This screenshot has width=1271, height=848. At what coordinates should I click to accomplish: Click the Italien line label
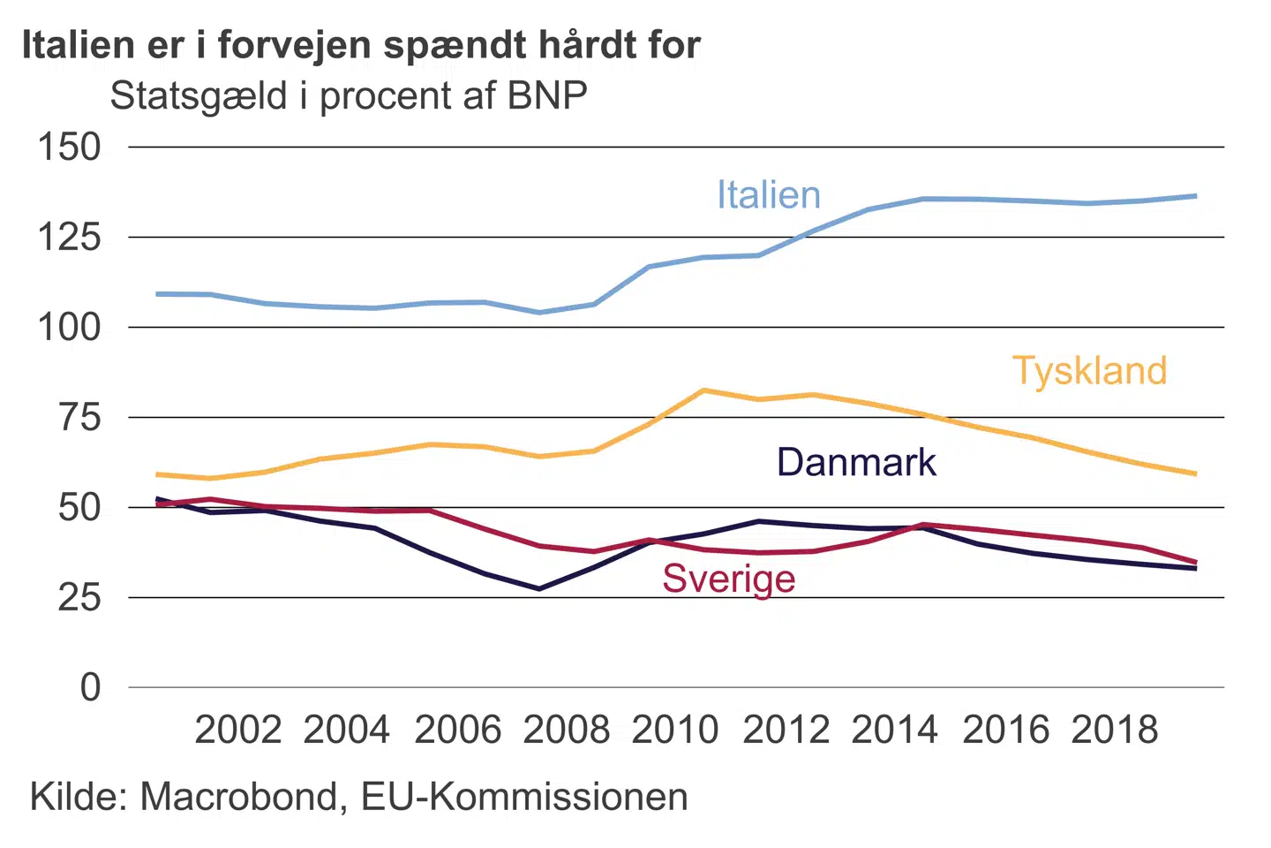(x=768, y=195)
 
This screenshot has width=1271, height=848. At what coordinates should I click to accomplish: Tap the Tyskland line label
(x=1089, y=371)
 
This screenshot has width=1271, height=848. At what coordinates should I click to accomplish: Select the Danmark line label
(x=856, y=463)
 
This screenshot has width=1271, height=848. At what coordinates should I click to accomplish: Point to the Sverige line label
(x=729, y=579)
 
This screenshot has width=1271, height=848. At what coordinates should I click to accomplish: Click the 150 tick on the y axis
(x=69, y=147)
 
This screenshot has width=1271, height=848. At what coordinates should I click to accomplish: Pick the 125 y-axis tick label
(x=69, y=237)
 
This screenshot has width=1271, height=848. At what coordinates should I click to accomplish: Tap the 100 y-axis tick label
(x=69, y=327)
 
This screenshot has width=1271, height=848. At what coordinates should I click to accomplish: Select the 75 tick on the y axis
(x=79, y=417)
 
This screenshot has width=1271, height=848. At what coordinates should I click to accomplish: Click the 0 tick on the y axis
(x=90, y=687)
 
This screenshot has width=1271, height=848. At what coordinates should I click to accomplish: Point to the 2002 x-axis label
(x=237, y=730)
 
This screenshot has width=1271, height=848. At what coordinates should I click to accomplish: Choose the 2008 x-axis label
(x=566, y=730)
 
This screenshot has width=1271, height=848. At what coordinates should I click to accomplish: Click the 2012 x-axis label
(x=786, y=730)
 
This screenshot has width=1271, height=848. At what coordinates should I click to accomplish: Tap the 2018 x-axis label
(x=1114, y=730)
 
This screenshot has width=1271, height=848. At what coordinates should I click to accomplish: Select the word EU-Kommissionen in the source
(x=524, y=797)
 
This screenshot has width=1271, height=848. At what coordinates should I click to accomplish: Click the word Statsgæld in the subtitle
(x=199, y=95)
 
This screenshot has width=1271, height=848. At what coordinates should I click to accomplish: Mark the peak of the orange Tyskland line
(x=703, y=390)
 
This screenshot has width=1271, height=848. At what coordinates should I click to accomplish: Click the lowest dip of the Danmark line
(x=539, y=588)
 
